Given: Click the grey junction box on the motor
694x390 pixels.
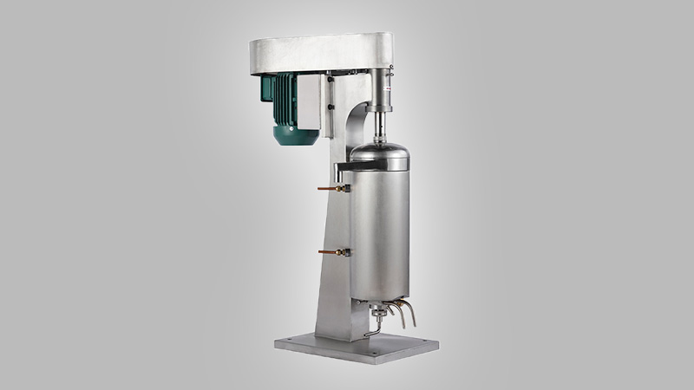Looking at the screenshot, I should [310, 96].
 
